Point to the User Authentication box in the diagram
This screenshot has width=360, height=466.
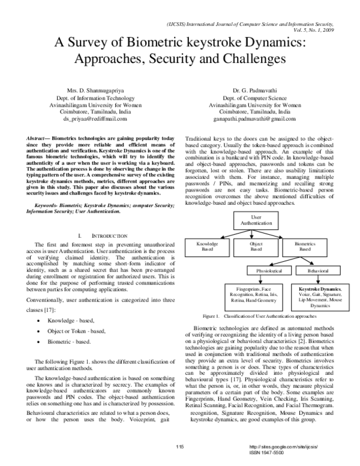coord(256,219)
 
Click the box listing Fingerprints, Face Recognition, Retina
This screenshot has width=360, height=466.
coord(254,295)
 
